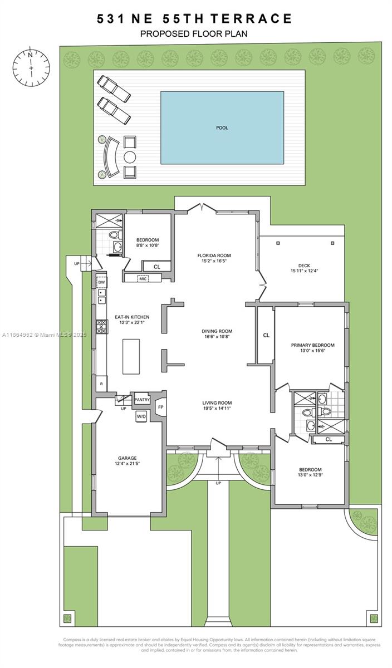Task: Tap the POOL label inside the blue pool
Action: pyautogui.click(x=222, y=128)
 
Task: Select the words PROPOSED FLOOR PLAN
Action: pyautogui.click(x=194, y=34)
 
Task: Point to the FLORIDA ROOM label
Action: pyautogui.click(x=214, y=256)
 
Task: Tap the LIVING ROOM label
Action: pyautogui.click(x=217, y=403)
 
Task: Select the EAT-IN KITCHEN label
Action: pyautogui.click(x=132, y=317)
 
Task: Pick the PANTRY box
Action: pyautogui.click(x=142, y=400)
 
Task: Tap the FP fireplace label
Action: pyautogui.click(x=160, y=407)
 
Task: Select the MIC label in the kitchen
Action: pyautogui.click(x=143, y=278)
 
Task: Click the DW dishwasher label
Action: pyautogui.click(x=101, y=282)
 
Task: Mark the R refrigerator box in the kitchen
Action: pyautogui.click(x=101, y=384)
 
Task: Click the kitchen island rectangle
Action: pyautogui.click(x=131, y=356)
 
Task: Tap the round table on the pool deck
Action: pyautogui.click(x=129, y=156)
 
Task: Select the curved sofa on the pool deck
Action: pyautogui.click(x=110, y=158)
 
